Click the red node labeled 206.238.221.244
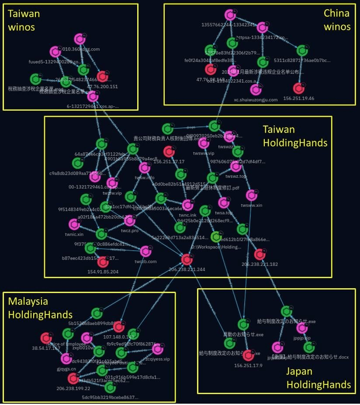tap(187, 260)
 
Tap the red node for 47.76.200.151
tap(103, 77)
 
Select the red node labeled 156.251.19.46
tap(299, 88)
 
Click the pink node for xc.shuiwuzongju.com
tap(255, 90)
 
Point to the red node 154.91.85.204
tap(103, 262)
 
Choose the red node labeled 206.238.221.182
tap(260, 254)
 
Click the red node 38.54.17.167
tap(46, 338)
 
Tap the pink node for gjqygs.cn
tap(66, 359)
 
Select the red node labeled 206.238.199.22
tap(73, 378)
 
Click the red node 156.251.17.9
tap(248, 355)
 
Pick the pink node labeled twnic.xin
tap(74, 224)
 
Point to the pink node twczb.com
tap(145, 251)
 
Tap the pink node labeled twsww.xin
tap(251, 195)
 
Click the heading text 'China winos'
tap(337, 20)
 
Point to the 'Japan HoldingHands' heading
tap(318, 378)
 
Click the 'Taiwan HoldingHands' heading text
tap(295, 136)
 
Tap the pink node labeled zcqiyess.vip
tap(158, 349)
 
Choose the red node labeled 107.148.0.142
tap(118, 326)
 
